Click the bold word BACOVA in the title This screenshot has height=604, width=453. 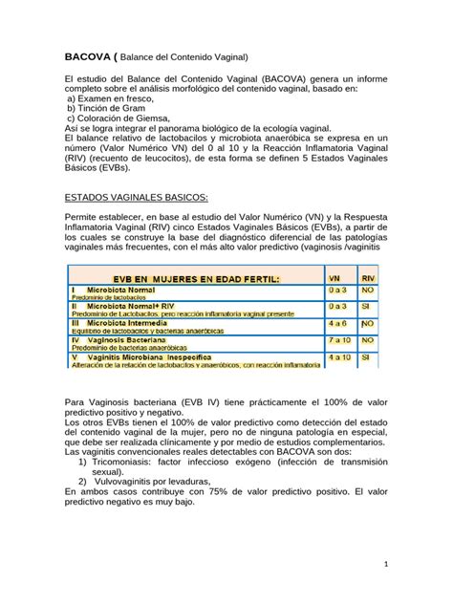coord(85,56)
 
